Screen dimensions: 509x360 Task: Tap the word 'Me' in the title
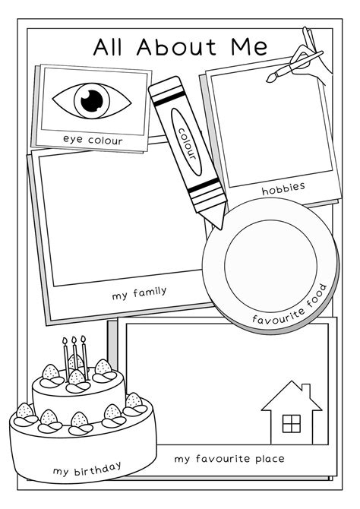tap(248, 47)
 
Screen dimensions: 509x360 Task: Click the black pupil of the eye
tap(92, 99)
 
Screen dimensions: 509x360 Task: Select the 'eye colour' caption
tap(93, 141)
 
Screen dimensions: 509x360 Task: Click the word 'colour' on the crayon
tap(187, 144)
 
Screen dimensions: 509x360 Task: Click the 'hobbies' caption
tap(283, 188)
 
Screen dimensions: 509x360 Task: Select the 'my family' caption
tap(138, 291)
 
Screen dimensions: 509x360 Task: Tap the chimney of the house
tap(307, 393)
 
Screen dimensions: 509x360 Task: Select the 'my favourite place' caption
tap(229, 459)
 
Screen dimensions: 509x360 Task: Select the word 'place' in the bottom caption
tap(268, 459)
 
